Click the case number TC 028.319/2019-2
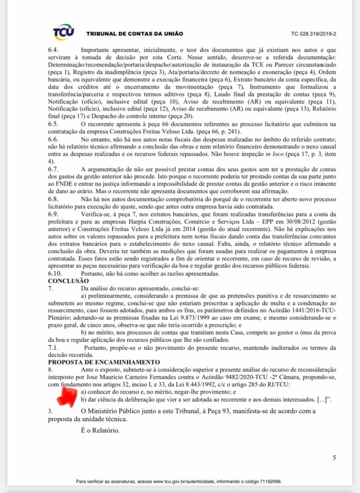(x=313, y=34)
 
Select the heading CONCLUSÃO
(x=68, y=280)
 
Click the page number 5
(x=334, y=458)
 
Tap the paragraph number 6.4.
(x=53, y=50)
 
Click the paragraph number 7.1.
(x=53, y=347)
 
